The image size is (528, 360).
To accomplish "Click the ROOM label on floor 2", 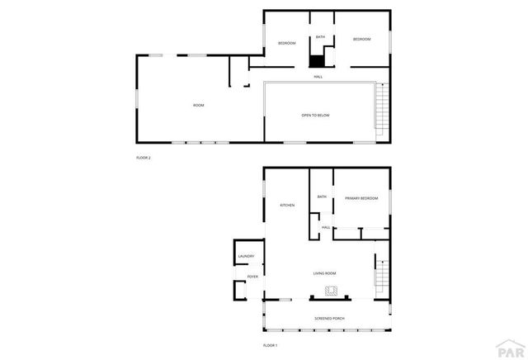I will pyautogui.click(x=198, y=105).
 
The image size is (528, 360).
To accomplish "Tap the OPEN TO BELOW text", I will pyautogui.click(x=315, y=115).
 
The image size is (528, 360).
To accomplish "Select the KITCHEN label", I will pyautogui.click(x=287, y=205).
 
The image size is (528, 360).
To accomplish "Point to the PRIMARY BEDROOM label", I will pyautogui.click(x=361, y=198).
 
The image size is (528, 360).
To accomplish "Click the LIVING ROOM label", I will pyautogui.click(x=324, y=273).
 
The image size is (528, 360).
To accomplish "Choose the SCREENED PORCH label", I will pyautogui.click(x=329, y=318).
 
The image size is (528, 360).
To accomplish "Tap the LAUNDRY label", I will pyautogui.click(x=246, y=257).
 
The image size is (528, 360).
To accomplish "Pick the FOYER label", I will pyautogui.click(x=252, y=277).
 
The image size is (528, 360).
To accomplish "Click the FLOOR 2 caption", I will pyautogui.click(x=144, y=158).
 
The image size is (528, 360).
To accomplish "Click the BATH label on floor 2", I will pyautogui.click(x=320, y=37).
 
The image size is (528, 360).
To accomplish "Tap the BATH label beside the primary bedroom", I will pyautogui.click(x=322, y=197).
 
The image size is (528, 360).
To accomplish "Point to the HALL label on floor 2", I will pyautogui.click(x=318, y=77).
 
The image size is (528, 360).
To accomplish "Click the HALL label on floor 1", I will pyautogui.click(x=326, y=227).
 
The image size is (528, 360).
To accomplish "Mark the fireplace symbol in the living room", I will pyautogui.click(x=332, y=291).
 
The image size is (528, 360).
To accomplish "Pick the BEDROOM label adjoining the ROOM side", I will pyautogui.click(x=286, y=43).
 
